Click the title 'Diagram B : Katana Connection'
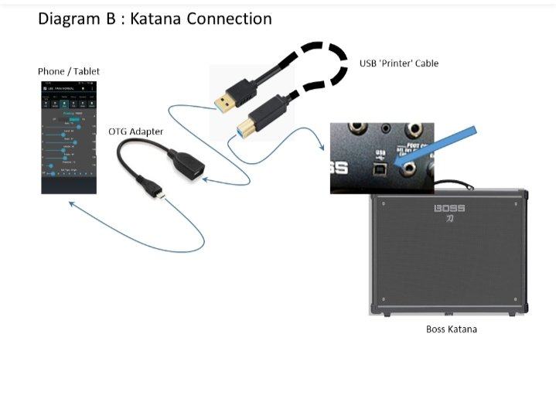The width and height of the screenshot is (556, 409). click(x=155, y=19)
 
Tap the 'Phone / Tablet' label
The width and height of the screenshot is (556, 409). click(x=69, y=72)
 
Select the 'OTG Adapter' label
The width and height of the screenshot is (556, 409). click(x=135, y=131)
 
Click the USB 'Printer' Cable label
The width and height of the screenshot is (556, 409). click(x=399, y=63)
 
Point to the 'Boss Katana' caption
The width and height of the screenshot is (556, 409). click(x=452, y=329)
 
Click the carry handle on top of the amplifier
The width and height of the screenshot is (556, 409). click(x=452, y=186)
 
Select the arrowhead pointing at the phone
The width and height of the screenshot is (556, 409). click(x=71, y=203)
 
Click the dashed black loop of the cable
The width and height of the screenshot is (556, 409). click(x=325, y=66)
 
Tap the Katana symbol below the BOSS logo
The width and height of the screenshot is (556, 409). click(x=449, y=220)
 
